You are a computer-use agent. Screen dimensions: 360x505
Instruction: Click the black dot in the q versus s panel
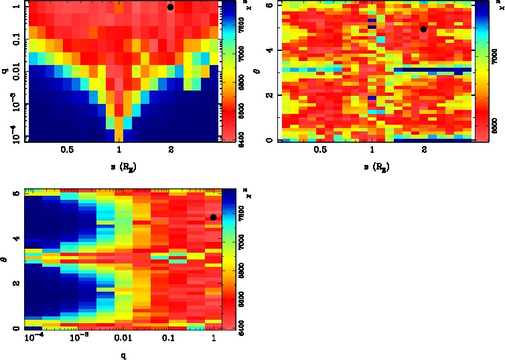[x=171, y=7]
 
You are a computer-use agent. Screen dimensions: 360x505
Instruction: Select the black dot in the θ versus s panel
[x=423, y=29]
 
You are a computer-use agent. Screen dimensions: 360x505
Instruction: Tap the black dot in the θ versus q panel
[x=213, y=217]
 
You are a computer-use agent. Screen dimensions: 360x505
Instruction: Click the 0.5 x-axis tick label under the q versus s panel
[x=67, y=150]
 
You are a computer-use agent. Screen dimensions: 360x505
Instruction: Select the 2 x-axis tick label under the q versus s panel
[x=171, y=150]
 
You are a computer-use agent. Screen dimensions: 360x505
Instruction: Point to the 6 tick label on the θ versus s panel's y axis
[x=268, y=5]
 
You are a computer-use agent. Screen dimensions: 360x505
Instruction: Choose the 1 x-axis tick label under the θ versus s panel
[x=372, y=150]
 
